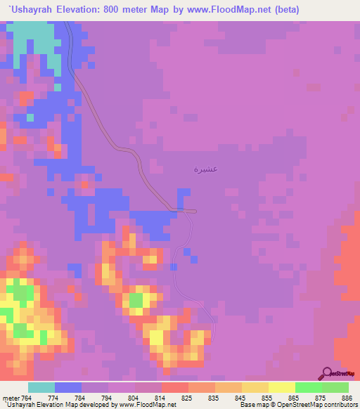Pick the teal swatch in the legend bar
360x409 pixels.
pyautogui.click(x=41, y=387)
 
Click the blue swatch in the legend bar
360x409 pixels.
pyautogui.click(x=68, y=387)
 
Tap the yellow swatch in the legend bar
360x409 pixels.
pyautogui.click(x=282, y=387)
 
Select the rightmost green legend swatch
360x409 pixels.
pyautogui.click(x=335, y=387)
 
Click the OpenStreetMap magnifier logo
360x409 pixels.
pyautogui.click(x=327, y=373)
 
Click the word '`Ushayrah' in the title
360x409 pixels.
pyautogui.click(x=30, y=10)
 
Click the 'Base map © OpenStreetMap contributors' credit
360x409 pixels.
pyautogui.click(x=298, y=405)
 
